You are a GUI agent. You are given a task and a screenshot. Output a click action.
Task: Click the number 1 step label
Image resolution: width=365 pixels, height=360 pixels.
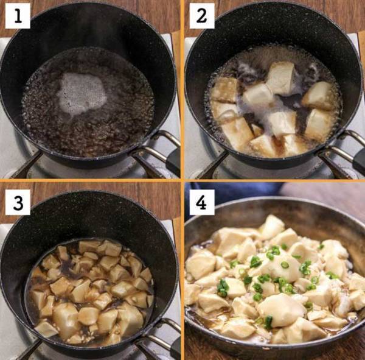(x=18, y=18)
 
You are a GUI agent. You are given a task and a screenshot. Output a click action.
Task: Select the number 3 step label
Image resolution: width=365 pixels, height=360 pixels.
(x=18, y=200)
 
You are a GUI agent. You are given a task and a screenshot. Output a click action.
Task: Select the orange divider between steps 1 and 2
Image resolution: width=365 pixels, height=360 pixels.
(x=181, y=85)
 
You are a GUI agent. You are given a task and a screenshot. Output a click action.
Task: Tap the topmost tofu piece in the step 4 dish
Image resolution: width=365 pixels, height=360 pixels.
(x=271, y=227)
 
